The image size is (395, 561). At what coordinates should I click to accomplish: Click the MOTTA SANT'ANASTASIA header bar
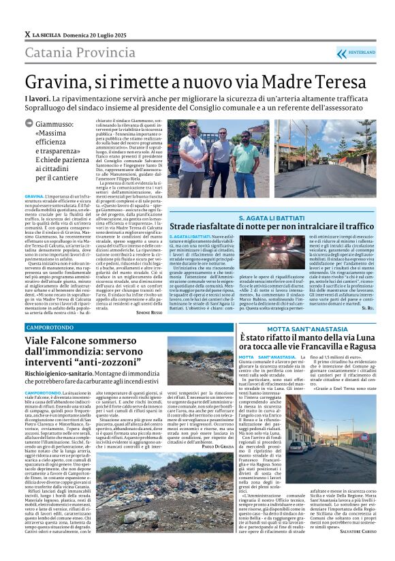point(304,329)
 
